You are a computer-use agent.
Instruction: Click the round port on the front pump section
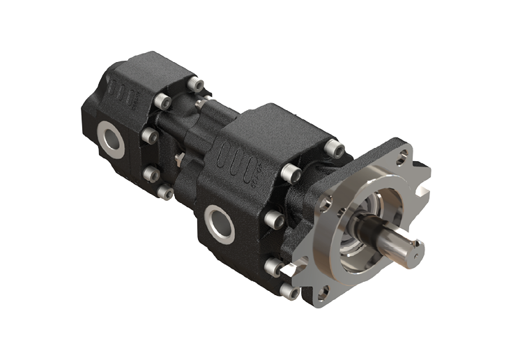click(220, 223)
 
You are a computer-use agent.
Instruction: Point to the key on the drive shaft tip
click(417, 245)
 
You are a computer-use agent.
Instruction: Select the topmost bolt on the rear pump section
click(197, 85)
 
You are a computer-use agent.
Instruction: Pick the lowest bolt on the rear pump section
click(165, 191)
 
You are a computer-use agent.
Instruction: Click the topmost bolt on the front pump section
click(335, 148)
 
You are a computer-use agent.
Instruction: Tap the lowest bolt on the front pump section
click(287, 289)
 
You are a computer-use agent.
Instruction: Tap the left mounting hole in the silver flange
click(325, 203)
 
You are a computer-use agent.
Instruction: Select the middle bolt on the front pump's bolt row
click(273, 220)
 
